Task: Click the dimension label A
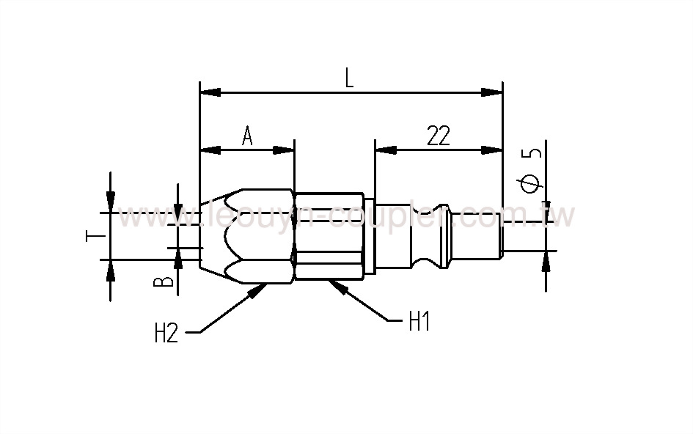pyautogui.click(x=247, y=136)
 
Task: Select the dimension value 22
pyautogui.click(x=438, y=136)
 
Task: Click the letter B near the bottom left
pyautogui.click(x=167, y=280)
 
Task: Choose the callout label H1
pyautogui.click(x=418, y=322)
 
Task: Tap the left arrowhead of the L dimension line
pyautogui.click(x=210, y=92)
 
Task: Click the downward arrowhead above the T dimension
pyautogui.click(x=110, y=200)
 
